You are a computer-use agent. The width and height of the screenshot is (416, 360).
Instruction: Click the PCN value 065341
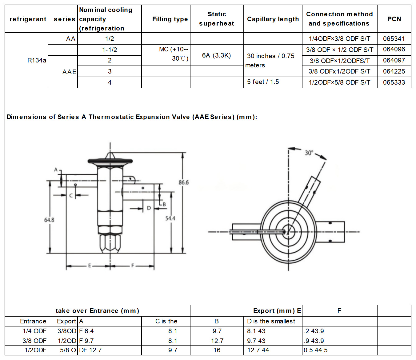(394, 39)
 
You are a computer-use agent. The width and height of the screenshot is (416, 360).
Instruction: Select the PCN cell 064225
(394, 71)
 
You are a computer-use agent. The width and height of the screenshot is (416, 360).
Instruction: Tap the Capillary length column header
(273, 19)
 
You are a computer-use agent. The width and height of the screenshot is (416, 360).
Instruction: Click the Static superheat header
(217, 19)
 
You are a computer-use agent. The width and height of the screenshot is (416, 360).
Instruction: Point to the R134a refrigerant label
(37, 60)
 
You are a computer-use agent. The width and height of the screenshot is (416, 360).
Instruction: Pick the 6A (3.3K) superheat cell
(216, 55)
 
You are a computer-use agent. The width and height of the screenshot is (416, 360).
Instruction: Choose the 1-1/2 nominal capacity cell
(110, 50)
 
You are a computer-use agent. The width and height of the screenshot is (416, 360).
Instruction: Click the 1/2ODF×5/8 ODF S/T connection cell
(339, 82)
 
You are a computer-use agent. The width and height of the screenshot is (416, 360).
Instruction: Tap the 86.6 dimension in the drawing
(184, 182)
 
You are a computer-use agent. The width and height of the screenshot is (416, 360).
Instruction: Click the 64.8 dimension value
(49, 220)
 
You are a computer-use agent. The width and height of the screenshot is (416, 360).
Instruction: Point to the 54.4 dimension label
(170, 218)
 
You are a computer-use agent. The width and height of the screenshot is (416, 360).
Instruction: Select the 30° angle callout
(309, 153)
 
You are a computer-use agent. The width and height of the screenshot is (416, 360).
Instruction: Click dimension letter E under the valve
(90, 266)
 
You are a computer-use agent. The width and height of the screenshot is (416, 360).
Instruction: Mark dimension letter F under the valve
(133, 266)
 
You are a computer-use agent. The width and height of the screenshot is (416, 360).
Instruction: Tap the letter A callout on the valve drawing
(56, 170)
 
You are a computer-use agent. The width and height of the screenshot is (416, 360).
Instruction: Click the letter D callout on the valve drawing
(149, 208)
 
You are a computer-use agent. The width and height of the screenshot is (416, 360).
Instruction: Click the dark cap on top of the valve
(110, 161)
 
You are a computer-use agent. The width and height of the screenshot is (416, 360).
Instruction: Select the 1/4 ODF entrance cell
(34, 331)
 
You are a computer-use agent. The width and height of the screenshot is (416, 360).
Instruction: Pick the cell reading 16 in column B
(217, 350)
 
